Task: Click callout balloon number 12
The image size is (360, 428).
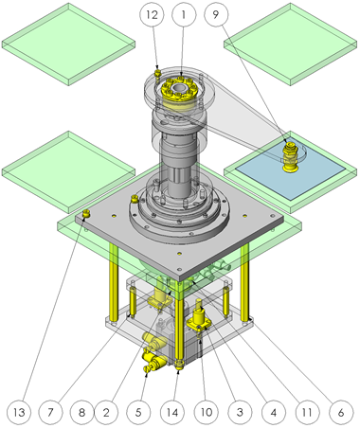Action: (152, 14)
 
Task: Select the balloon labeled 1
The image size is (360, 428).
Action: (184, 14)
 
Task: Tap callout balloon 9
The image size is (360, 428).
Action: (216, 14)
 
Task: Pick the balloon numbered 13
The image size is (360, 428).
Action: (19, 412)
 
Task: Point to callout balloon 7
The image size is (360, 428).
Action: (50, 412)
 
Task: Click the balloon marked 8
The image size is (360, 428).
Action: (81, 412)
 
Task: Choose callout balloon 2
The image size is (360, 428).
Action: (106, 412)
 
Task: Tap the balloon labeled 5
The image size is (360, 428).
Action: (138, 412)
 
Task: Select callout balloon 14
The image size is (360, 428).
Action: (172, 412)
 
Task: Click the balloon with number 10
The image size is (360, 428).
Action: (207, 412)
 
